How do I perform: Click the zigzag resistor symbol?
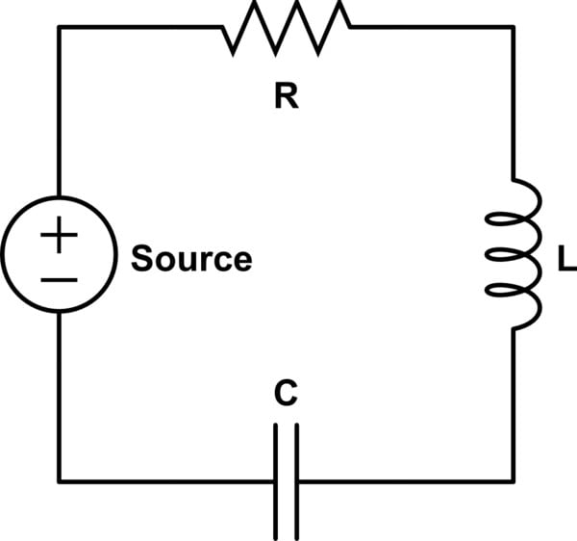(x=287, y=26)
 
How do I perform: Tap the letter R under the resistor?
(x=286, y=98)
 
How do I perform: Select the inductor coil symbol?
(x=514, y=254)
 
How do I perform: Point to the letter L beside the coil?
(x=565, y=260)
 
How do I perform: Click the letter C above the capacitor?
(x=286, y=393)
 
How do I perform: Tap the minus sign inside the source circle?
(x=60, y=279)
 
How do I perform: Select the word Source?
(x=191, y=260)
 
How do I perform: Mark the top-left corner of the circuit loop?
(x=60, y=27)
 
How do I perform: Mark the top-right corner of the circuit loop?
(x=514, y=27)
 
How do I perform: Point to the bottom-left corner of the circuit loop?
(x=60, y=480)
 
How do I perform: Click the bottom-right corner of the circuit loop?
(x=514, y=480)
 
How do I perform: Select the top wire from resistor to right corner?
(x=433, y=27)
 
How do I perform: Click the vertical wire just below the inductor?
(x=514, y=404)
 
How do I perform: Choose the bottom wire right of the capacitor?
(x=404, y=480)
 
